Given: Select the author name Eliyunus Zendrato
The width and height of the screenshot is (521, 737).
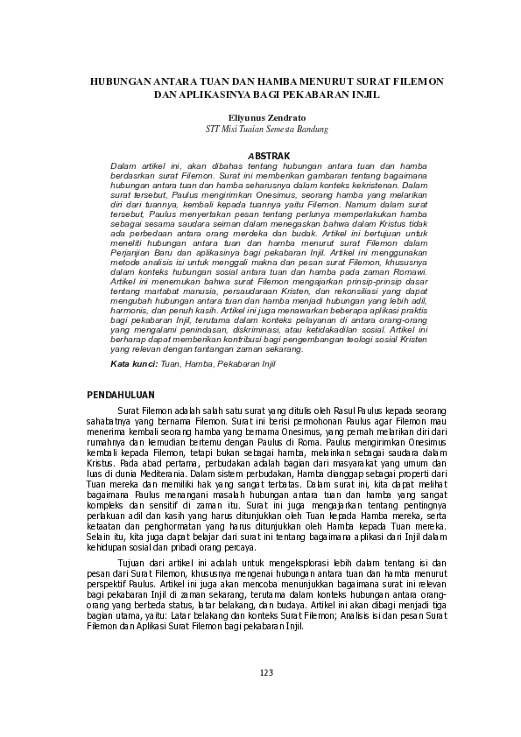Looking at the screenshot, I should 261,116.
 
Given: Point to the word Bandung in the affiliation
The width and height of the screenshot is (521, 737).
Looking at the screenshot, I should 311,129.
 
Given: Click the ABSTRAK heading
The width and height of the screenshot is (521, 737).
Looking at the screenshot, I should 261,155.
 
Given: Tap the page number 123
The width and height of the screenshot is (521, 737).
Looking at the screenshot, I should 266,672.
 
